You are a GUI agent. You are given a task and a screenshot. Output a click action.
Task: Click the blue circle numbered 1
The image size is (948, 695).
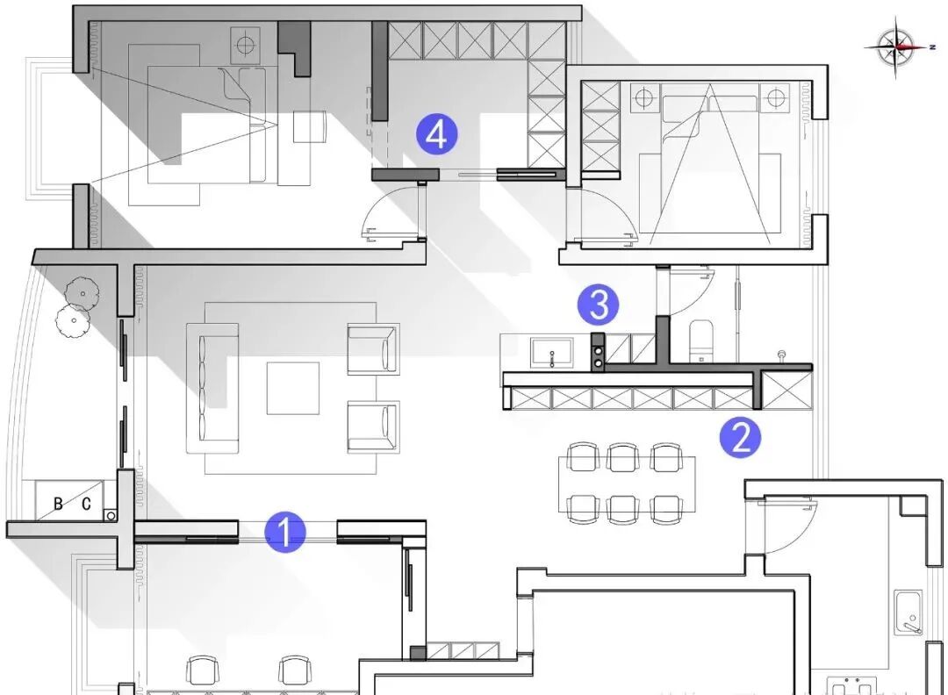pyautogui.click(x=284, y=532)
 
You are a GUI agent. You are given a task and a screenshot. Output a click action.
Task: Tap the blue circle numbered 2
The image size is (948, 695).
pyautogui.click(x=741, y=436)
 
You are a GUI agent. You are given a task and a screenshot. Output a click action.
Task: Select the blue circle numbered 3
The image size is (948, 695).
pyautogui.click(x=598, y=305)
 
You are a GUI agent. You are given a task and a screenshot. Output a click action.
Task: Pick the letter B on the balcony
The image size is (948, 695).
pyautogui.click(x=58, y=504)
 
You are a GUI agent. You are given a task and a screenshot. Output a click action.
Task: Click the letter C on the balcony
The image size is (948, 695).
pyautogui.click(x=86, y=504)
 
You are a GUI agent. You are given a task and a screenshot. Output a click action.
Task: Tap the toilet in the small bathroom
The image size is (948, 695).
pyautogui.click(x=702, y=340)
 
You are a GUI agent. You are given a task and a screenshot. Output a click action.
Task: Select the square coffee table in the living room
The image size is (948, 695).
pyautogui.click(x=293, y=388)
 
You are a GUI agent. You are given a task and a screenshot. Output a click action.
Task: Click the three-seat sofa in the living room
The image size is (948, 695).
pyautogui.click(x=212, y=388)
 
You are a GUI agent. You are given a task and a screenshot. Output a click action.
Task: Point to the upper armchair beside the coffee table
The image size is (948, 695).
pyautogui.click(x=373, y=348)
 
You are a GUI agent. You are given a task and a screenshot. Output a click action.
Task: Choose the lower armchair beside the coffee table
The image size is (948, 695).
pyautogui.click(x=373, y=426)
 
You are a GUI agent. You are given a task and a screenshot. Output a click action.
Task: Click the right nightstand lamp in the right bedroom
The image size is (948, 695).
pyautogui.click(x=775, y=97)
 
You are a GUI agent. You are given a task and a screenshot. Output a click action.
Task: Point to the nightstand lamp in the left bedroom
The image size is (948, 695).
pyautogui.click(x=245, y=42)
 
